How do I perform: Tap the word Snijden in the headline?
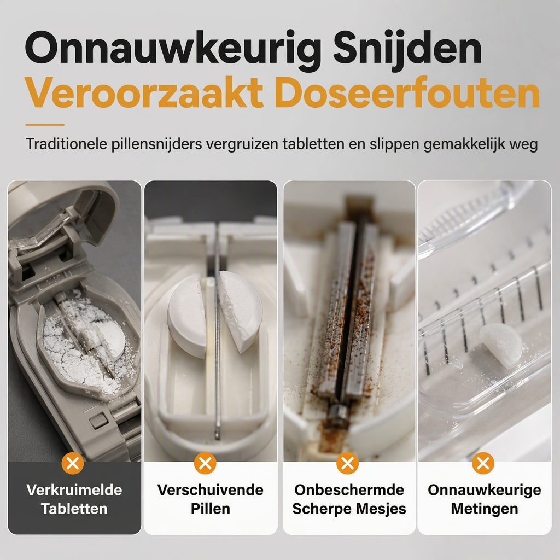[407, 48]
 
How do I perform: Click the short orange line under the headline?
[45, 125]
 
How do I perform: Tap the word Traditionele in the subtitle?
[66, 144]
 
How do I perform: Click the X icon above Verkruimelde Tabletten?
[73, 464]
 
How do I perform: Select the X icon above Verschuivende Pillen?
[205, 464]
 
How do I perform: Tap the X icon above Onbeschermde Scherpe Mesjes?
[347, 464]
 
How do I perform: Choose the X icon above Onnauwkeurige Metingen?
[483, 464]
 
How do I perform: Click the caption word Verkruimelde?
[74, 490]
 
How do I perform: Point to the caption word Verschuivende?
[211, 490]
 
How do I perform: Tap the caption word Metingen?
[485, 509]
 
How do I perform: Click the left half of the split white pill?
[186, 316]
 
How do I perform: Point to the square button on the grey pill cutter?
[98, 421]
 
